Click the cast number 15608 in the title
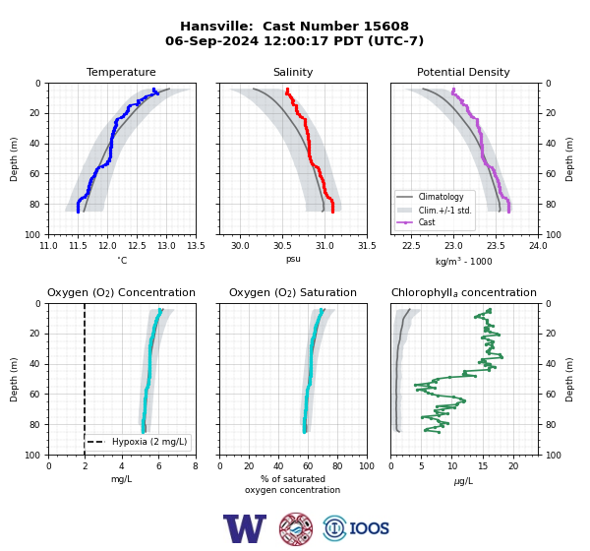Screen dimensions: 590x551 pyautogui.click(x=386, y=27)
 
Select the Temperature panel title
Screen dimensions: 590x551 pyautogui.click(x=121, y=72)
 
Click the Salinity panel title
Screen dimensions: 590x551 pyautogui.click(x=293, y=72)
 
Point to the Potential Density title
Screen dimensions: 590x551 pyautogui.click(x=463, y=72)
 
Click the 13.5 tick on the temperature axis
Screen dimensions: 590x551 pyautogui.click(x=196, y=246)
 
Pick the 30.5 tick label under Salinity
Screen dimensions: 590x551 pyautogui.click(x=282, y=246)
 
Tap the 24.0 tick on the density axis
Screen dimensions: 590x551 pyautogui.click(x=538, y=246)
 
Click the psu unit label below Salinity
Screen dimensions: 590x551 pyautogui.click(x=293, y=259)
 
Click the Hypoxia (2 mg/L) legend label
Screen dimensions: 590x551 pyautogui.click(x=149, y=442)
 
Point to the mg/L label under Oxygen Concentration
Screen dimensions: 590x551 pyautogui.click(x=121, y=479)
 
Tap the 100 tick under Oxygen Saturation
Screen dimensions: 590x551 pyautogui.click(x=367, y=466)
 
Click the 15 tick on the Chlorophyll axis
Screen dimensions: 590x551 pyautogui.click(x=483, y=466)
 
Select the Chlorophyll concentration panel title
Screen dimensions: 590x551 pyautogui.click(x=463, y=292)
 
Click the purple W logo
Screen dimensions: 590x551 pyautogui.click(x=245, y=528)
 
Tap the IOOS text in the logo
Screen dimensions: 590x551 pyautogui.click(x=369, y=528)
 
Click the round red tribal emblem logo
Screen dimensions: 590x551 pyautogui.click(x=296, y=528)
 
